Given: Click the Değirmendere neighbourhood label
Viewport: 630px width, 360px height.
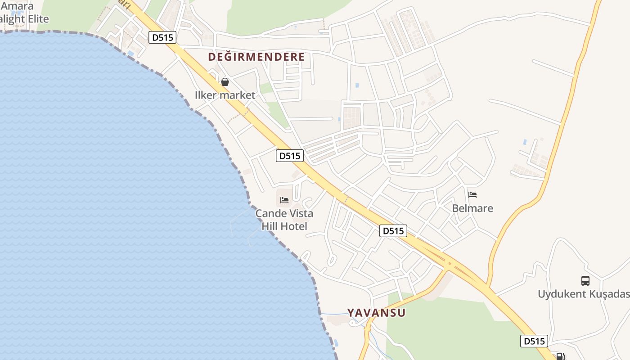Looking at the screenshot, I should coord(256,57).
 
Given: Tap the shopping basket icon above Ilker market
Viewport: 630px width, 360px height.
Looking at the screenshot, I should coord(225,82).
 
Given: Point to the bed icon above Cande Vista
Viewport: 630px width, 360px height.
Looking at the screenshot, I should coord(284,200).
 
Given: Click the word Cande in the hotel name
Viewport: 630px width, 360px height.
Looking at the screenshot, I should coord(269,213).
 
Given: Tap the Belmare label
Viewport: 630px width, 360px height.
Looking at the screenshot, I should coord(472,208).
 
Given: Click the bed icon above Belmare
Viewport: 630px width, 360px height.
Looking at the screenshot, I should coord(472,195).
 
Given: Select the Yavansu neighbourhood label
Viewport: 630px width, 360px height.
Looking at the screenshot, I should coord(376,313).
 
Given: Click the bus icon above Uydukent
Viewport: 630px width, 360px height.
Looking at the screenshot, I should coord(585,281).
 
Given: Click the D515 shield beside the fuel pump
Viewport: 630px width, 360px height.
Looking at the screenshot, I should coord(535,341).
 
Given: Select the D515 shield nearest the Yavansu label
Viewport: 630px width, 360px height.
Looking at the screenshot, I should coord(393,231).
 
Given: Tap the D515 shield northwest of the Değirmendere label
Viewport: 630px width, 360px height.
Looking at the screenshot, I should coord(162,37).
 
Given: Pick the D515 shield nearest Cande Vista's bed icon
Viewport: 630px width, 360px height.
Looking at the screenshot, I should coord(290,156).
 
